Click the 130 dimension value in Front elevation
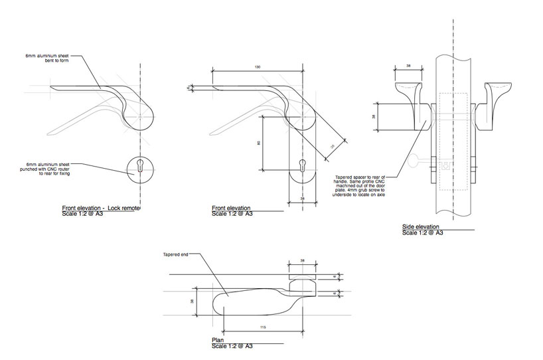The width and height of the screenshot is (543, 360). coord(256,68)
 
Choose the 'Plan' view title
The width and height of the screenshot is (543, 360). coord(218,340)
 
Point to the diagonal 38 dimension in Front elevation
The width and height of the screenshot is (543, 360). coord(332,147)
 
